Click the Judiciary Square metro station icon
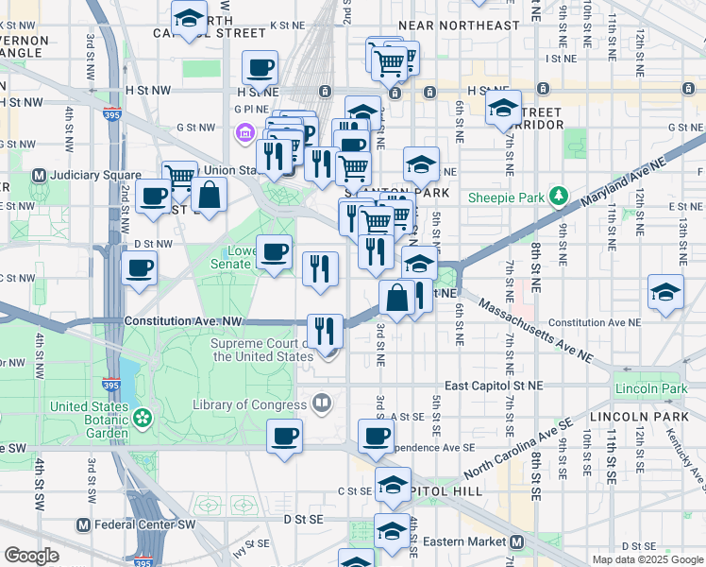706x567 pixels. (40, 176)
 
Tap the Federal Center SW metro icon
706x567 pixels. (84, 524)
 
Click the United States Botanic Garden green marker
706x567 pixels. (143, 416)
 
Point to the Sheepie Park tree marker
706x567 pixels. (559, 197)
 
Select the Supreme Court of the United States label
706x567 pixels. (262, 351)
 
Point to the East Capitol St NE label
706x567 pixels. (495, 386)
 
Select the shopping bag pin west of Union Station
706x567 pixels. (209, 195)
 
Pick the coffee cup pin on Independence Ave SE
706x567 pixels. (376, 436)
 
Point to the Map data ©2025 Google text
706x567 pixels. (647, 559)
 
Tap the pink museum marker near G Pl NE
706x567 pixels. (245, 130)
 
